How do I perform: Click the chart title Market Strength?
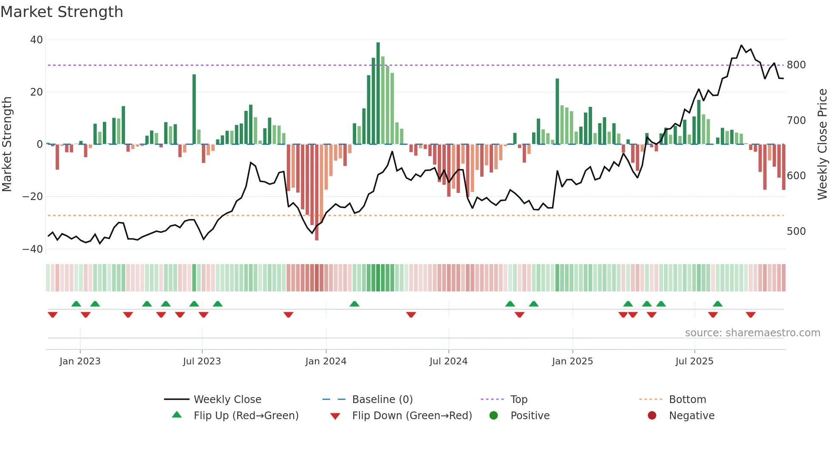(62, 12)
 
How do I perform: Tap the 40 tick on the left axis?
(37, 40)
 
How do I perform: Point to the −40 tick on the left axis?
(33, 249)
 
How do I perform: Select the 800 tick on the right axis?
(796, 65)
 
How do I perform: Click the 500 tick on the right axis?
(796, 231)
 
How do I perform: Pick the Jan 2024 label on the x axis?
(326, 361)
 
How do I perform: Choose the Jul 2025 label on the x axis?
(694, 361)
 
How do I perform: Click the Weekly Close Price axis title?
(822, 144)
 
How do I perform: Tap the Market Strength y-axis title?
(7, 144)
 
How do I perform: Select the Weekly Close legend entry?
(227, 400)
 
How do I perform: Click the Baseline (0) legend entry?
(382, 400)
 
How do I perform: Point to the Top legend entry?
(518, 400)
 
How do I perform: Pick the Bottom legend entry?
(687, 400)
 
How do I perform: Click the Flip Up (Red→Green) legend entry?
(246, 416)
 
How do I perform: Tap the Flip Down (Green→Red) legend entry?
(411, 416)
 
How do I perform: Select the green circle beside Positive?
(493, 416)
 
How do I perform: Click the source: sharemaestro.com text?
(752, 333)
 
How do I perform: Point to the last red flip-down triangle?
(751, 315)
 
